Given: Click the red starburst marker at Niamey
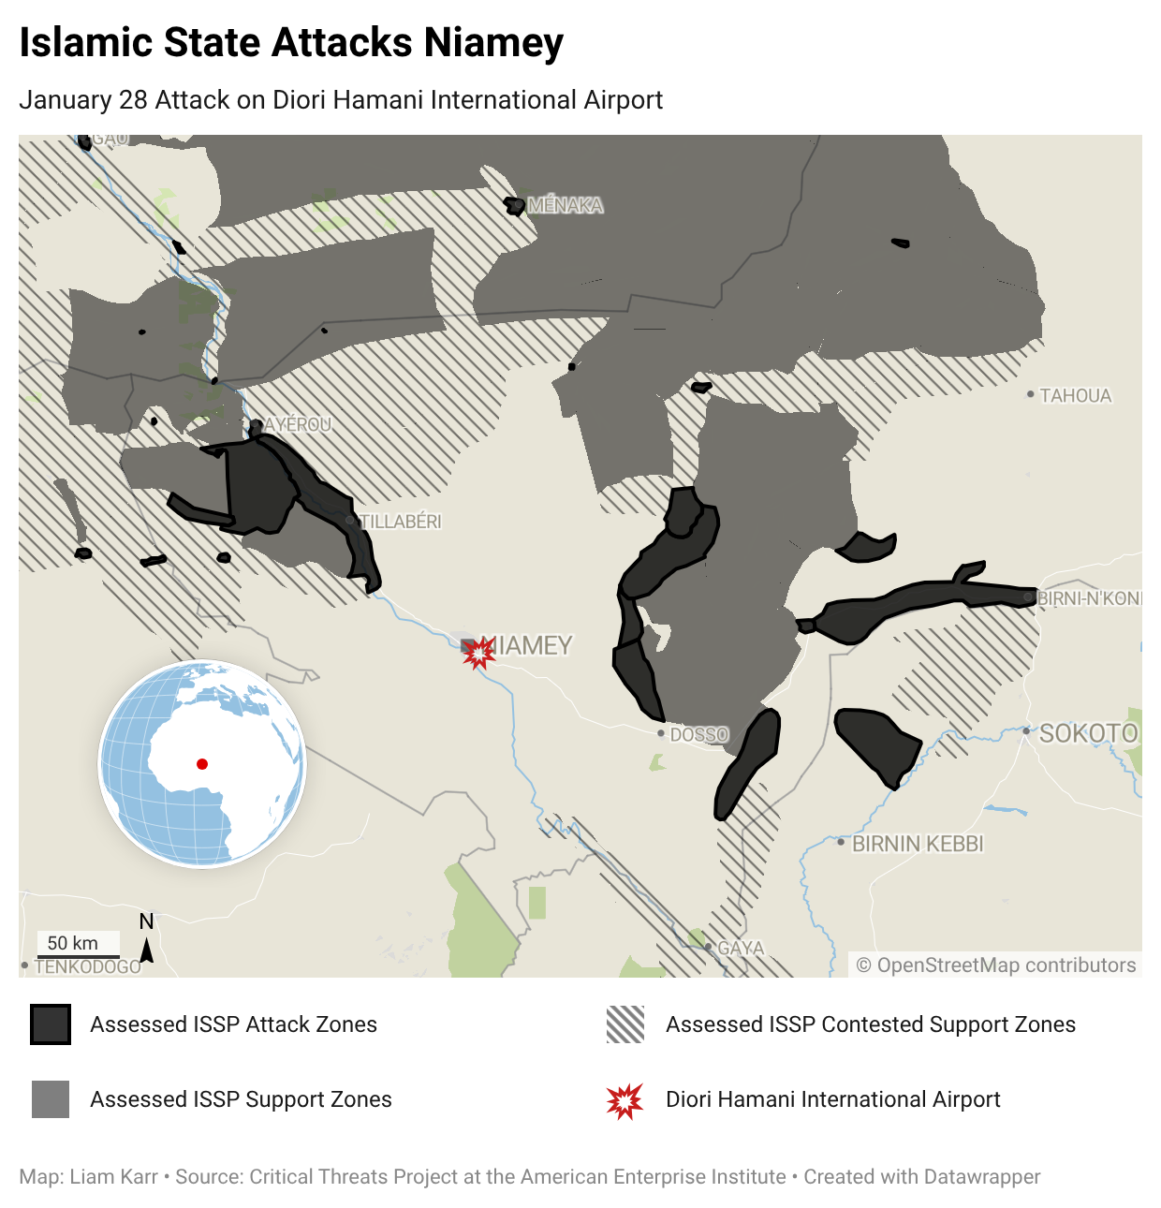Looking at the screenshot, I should coord(479,653).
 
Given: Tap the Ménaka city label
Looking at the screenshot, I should coord(565,205).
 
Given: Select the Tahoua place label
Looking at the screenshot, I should coord(1075,396).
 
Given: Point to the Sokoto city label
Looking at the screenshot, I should coord(1089,733).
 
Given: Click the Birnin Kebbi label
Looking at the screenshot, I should coord(917,844).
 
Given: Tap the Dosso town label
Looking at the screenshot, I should coord(698,735).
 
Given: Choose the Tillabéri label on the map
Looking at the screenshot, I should coord(401,522).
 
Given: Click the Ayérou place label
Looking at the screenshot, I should coord(298,424).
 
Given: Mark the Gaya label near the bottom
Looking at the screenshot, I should coord(741,948).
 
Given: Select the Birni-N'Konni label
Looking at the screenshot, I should coord(1089,598).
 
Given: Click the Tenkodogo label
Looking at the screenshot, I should coord(87,966).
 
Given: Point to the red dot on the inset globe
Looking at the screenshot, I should coord(202,764).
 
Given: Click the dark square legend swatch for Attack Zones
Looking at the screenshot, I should coord(51,1024).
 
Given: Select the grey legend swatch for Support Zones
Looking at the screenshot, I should coord(51,1099).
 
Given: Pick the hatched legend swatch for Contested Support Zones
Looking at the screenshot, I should coord(625,1024).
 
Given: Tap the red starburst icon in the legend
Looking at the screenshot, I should coord(625,1100).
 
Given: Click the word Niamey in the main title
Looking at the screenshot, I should coord(492,43).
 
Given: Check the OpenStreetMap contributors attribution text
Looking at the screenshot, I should coord(996,965).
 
